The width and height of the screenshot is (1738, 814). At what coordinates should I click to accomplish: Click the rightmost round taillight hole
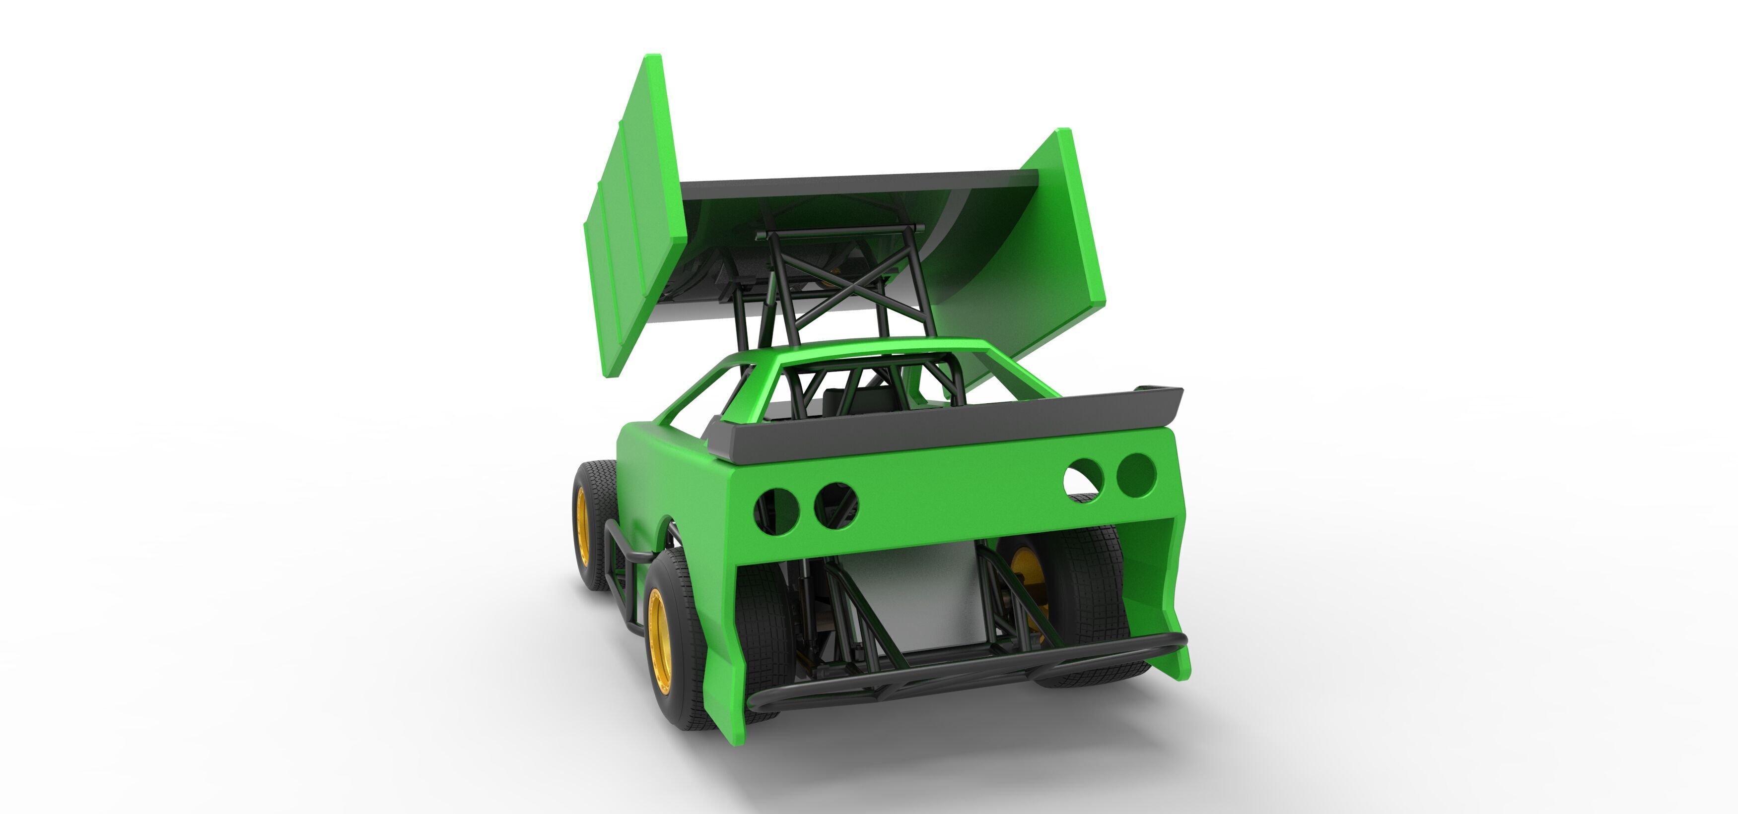1136,475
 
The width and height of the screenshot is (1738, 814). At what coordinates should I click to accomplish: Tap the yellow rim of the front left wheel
582,526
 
